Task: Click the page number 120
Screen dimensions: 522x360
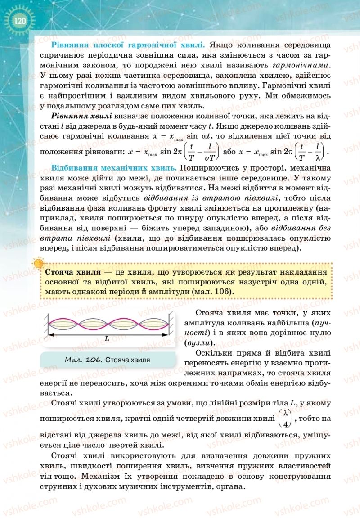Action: point(19,21)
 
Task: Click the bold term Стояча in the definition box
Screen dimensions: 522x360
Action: point(60,272)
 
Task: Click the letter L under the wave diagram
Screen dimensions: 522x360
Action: point(107,339)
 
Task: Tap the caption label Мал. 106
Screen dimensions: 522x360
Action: point(80,360)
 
